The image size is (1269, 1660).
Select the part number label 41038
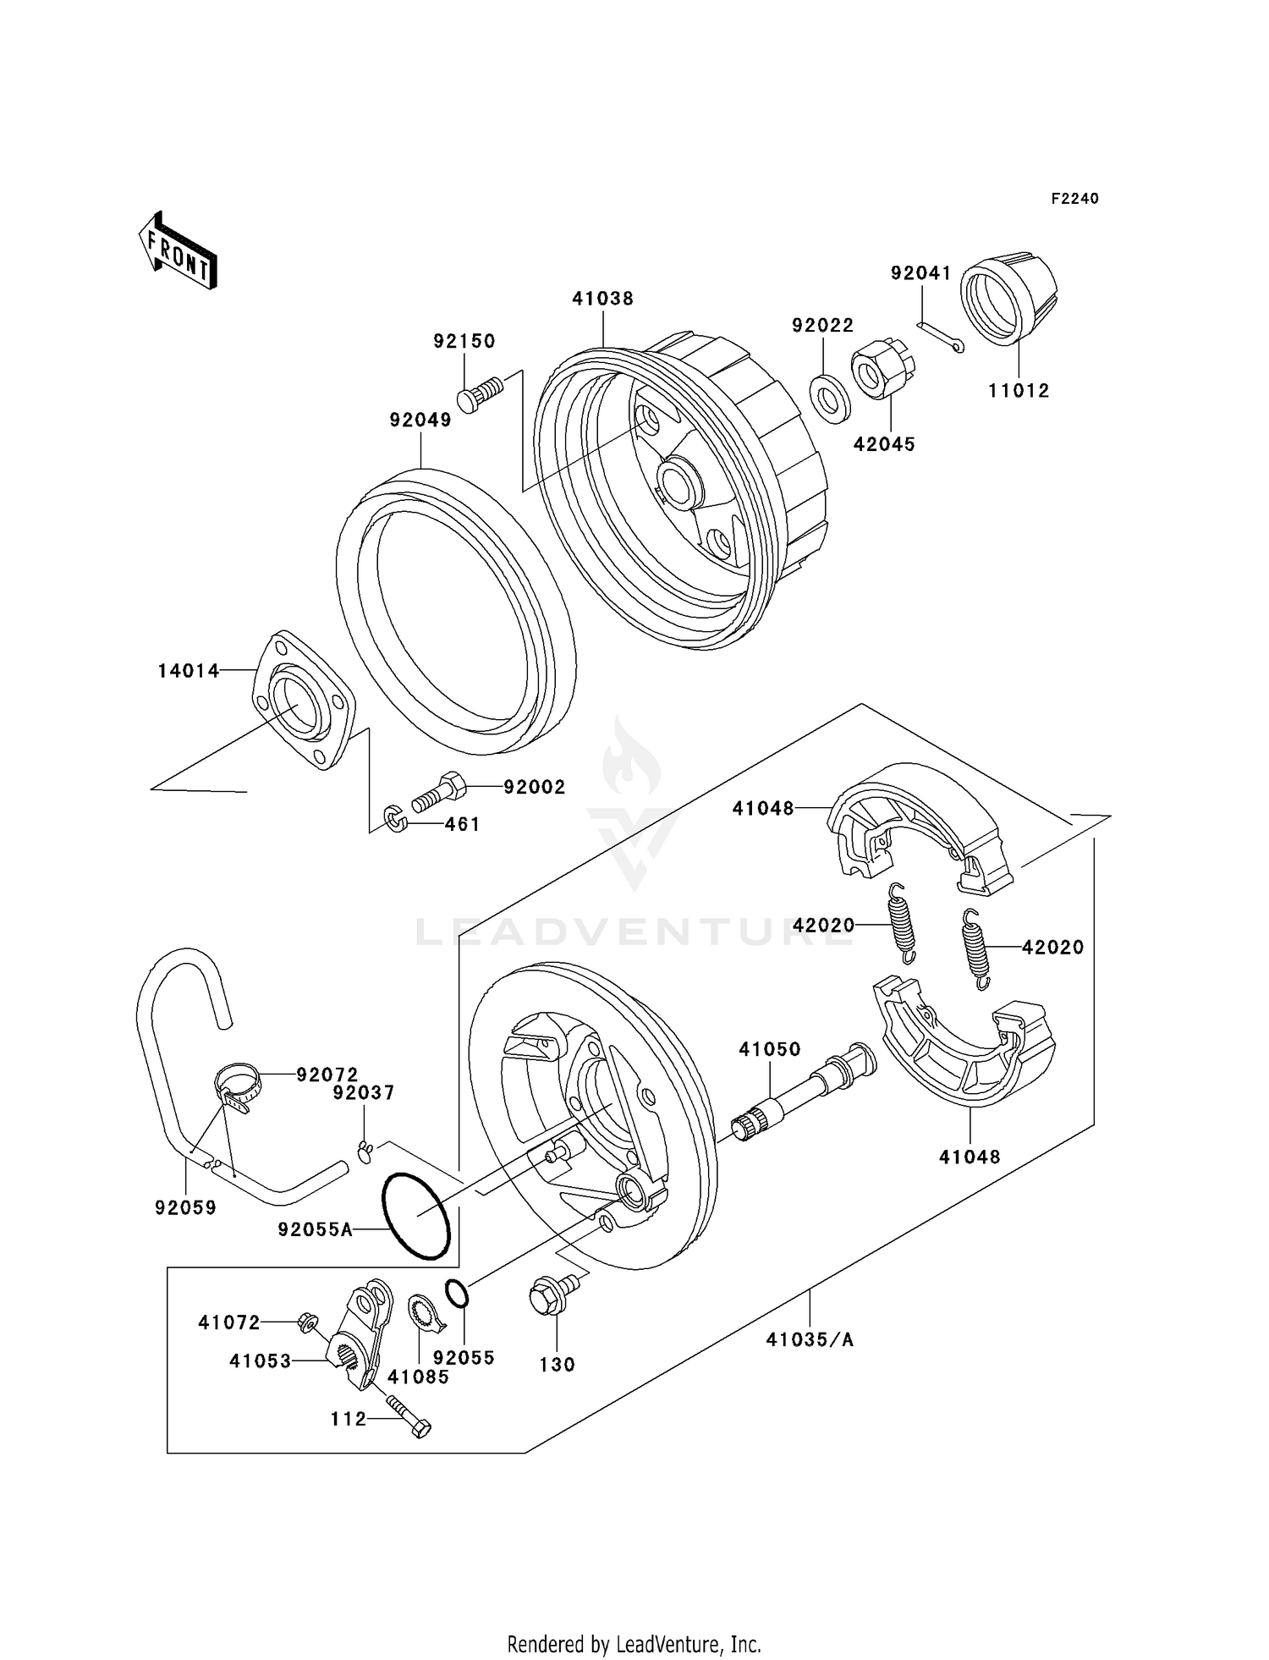coord(602,299)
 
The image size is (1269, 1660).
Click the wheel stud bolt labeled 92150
coord(479,396)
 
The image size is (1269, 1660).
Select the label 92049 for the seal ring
coord(420,420)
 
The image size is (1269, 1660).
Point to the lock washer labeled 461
coord(395,818)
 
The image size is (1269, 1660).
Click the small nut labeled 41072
coord(307,1321)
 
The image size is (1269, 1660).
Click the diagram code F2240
coord(1074,199)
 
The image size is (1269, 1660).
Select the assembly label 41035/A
coord(810,1339)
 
